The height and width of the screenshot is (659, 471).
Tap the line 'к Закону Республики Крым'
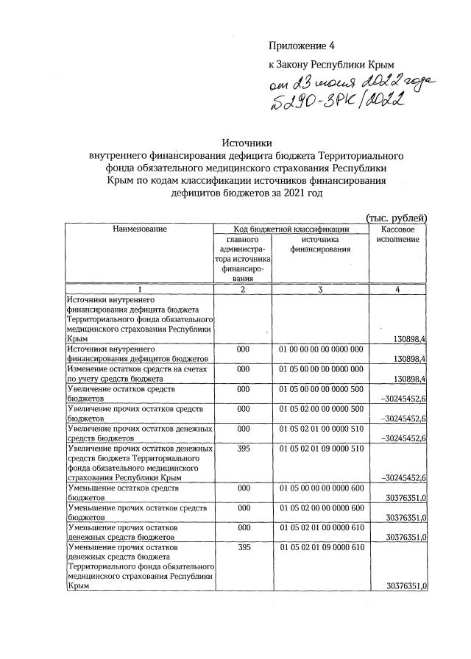pos(326,65)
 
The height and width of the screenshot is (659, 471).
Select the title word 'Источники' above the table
pos(247,143)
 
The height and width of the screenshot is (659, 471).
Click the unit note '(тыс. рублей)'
pos(396,217)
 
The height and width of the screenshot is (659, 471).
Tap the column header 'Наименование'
pos(139,229)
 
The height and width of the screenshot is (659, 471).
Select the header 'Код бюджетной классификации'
pos(291,229)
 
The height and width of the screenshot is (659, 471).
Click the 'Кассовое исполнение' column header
pos(398,235)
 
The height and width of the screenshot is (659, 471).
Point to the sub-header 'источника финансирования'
pos(320,244)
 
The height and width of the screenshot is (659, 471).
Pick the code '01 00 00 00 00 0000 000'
pos(321,349)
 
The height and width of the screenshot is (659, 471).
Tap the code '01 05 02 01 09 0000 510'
pos(321,448)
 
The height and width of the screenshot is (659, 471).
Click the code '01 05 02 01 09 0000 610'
pos(321,547)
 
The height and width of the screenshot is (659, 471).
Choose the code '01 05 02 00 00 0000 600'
pos(321,507)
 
